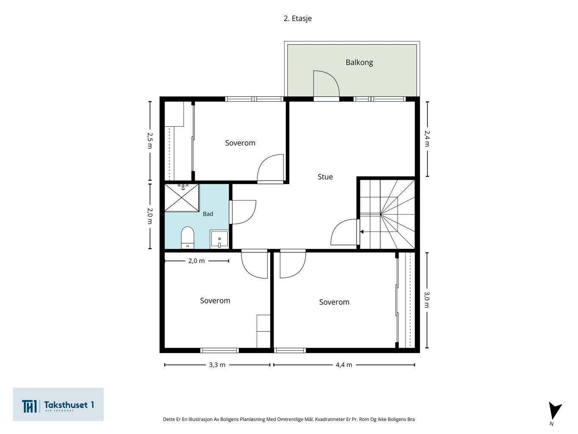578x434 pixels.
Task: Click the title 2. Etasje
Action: click(x=298, y=19)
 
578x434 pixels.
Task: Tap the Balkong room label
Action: click(x=359, y=62)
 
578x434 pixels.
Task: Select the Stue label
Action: click(x=325, y=177)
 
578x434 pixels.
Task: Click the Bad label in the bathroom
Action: click(x=208, y=214)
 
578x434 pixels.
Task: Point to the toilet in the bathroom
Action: click(x=188, y=237)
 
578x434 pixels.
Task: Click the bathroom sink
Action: click(x=219, y=239)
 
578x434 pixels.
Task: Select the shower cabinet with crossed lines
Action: click(x=182, y=198)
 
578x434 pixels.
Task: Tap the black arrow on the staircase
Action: click(x=362, y=232)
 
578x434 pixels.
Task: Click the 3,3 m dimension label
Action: click(x=217, y=364)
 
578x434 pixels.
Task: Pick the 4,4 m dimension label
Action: click(x=344, y=364)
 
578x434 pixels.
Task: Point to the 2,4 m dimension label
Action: click(x=427, y=139)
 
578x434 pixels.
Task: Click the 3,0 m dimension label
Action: click(x=427, y=300)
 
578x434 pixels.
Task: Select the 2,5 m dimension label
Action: click(x=150, y=140)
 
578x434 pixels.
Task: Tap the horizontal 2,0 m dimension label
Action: click(x=196, y=261)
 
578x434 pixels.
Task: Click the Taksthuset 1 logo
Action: click(x=58, y=404)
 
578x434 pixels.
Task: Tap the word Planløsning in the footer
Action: click(x=252, y=419)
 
